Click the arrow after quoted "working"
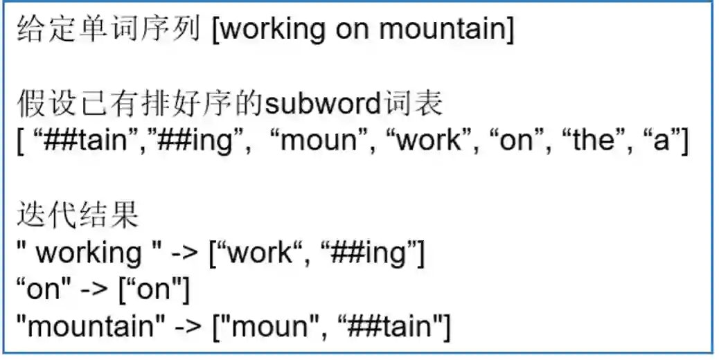185,252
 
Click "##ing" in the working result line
371,252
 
